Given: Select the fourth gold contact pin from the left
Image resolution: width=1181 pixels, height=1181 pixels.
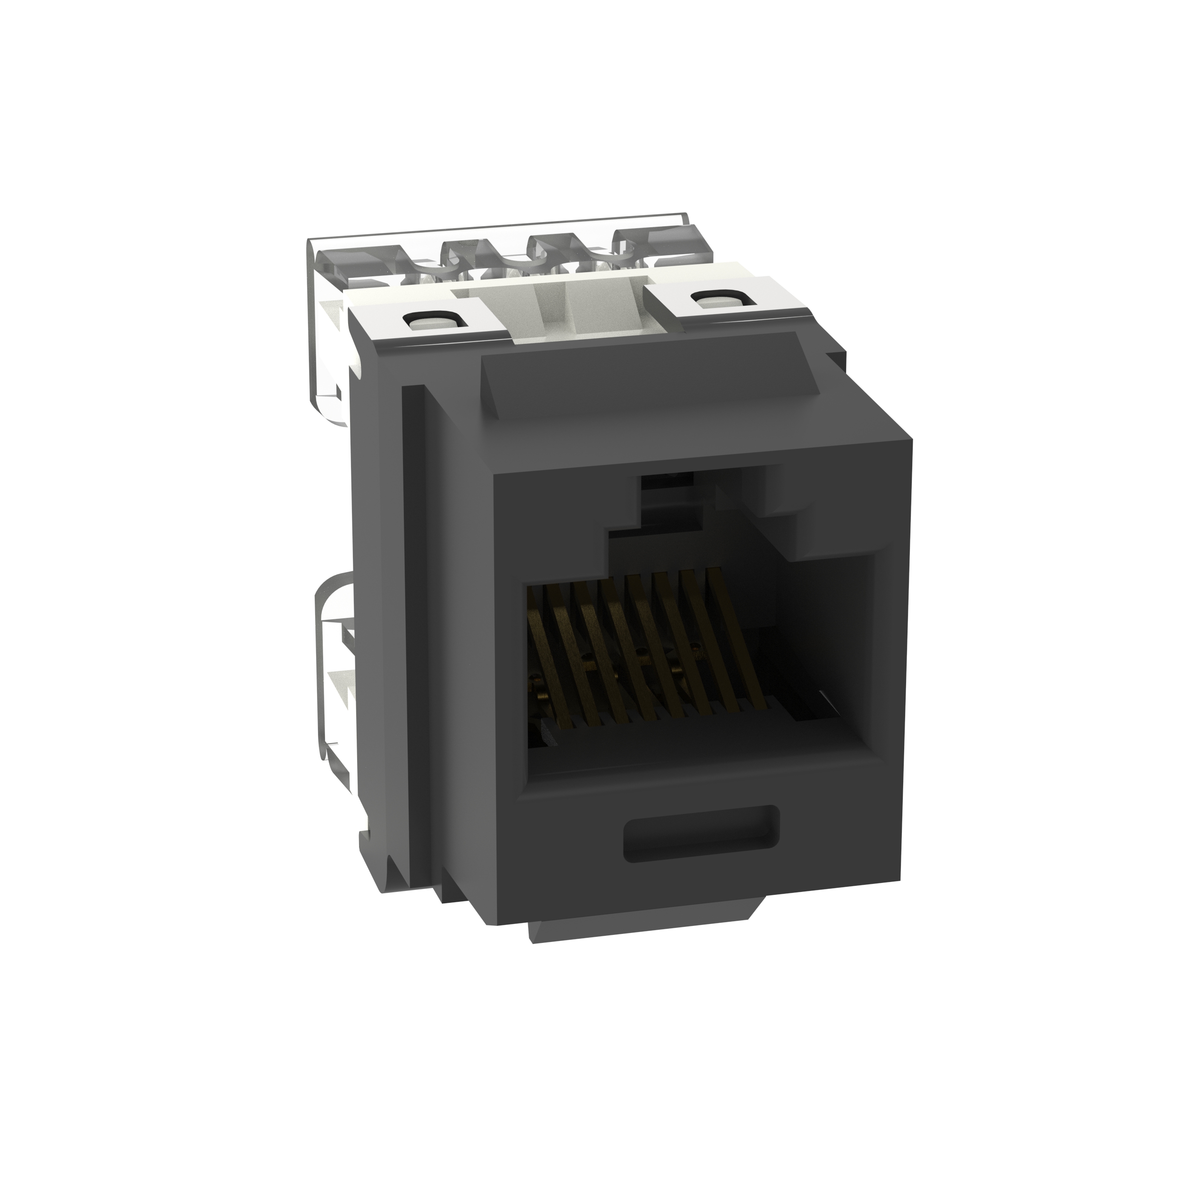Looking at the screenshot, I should (624, 648).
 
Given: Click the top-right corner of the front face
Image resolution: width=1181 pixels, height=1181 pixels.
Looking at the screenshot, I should (911, 439).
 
